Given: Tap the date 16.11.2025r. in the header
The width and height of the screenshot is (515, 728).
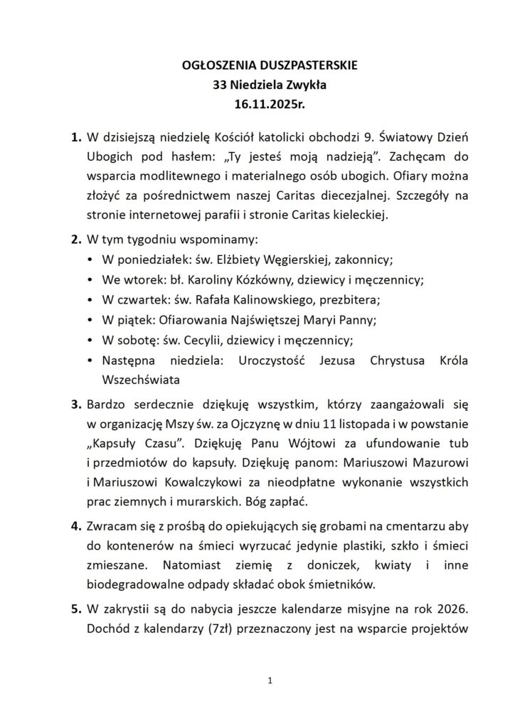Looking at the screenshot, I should pos(257,103).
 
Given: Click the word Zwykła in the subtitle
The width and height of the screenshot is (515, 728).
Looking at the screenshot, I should pos(282,85).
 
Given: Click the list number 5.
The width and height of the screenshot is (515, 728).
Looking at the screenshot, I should pos(75,608).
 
